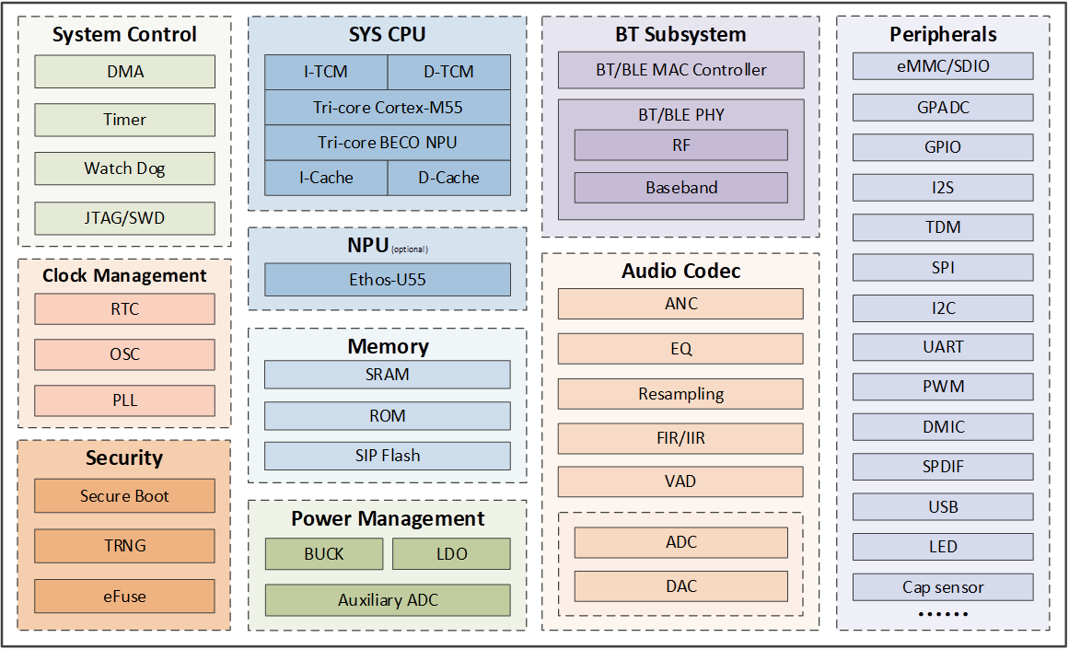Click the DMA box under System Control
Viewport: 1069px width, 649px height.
(x=124, y=72)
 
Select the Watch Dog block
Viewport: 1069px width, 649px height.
(x=124, y=168)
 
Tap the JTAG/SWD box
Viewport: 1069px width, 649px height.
(x=124, y=218)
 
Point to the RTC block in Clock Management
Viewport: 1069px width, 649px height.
(x=124, y=309)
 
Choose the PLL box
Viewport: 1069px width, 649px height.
(x=124, y=400)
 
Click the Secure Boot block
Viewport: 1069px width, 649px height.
(x=124, y=495)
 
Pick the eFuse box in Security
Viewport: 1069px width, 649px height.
(x=124, y=596)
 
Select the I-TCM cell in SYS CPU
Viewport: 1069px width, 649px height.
(x=326, y=72)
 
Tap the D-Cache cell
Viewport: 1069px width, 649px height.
(x=448, y=178)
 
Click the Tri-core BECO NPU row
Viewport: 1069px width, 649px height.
(x=388, y=143)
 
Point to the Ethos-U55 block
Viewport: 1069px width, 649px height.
(x=388, y=280)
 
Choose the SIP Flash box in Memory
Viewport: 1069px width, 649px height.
(x=388, y=456)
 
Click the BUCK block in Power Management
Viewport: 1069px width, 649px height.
(x=324, y=553)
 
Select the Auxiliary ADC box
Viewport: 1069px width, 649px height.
(x=388, y=600)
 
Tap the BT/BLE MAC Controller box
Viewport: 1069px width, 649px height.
(x=681, y=70)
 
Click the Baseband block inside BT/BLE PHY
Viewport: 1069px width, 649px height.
(x=681, y=188)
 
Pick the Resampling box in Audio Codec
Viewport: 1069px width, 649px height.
(x=680, y=394)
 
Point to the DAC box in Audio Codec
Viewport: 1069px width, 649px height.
(x=681, y=586)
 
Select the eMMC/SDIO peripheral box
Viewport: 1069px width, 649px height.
(x=943, y=66)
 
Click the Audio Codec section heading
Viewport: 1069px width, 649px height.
(x=681, y=271)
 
